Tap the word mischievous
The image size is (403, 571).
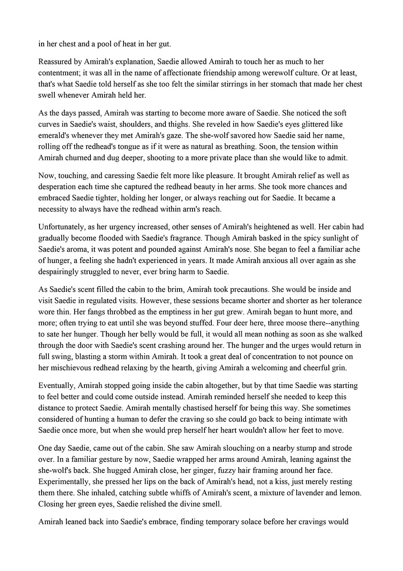coord(76,368)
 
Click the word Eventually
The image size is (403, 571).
coord(56,386)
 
